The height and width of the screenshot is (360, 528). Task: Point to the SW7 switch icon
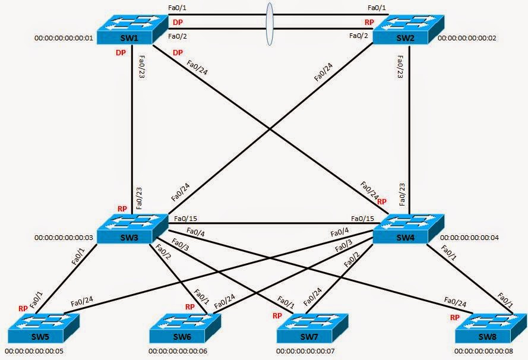pyautogui.click(x=305, y=326)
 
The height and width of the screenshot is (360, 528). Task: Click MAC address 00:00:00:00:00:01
pyautogui.click(x=64, y=39)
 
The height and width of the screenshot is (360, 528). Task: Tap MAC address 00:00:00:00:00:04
pyautogui.click(x=469, y=238)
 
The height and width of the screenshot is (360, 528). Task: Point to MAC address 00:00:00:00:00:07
pyautogui.click(x=305, y=351)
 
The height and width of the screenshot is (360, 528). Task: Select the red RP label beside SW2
pyautogui.click(x=369, y=23)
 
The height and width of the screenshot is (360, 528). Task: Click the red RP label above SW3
pyautogui.click(x=122, y=209)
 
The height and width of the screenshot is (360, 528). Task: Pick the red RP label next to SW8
pyautogui.click(x=456, y=317)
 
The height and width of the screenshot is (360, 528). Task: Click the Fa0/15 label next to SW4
pyautogui.click(x=362, y=219)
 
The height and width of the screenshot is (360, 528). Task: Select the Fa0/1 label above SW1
pyautogui.click(x=178, y=8)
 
